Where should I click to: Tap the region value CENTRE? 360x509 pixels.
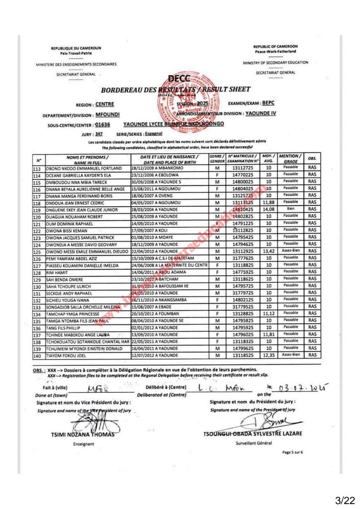coord(104,104)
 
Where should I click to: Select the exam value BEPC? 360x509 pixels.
coord(268,103)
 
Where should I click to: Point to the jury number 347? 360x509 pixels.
coord(99,134)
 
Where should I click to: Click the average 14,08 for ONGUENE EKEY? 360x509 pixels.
coord(268,210)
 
